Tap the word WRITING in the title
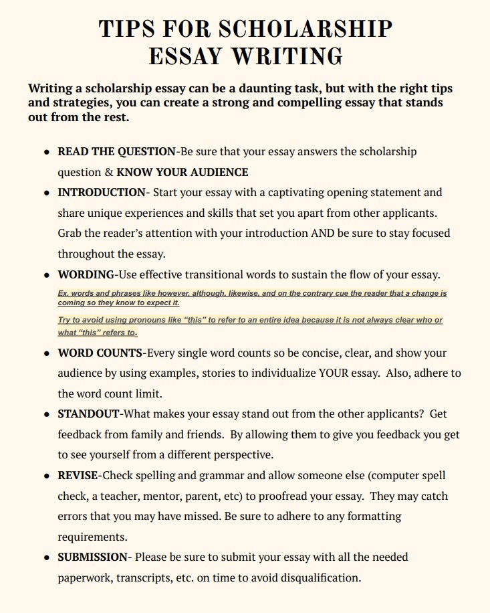(x=287, y=56)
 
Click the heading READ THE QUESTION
(x=116, y=152)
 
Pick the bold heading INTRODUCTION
(x=102, y=193)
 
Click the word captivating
(x=291, y=193)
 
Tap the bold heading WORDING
(x=86, y=274)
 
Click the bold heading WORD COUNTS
(x=100, y=353)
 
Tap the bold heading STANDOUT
(x=89, y=414)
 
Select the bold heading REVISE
(x=78, y=476)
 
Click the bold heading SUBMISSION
(x=93, y=557)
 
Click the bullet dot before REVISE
(x=47, y=476)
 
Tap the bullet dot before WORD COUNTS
(x=47, y=353)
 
